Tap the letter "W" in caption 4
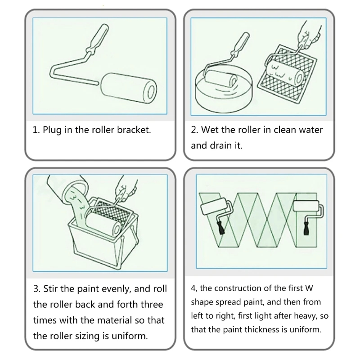(x=309, y=288)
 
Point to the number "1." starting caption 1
(x=36, y=130)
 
